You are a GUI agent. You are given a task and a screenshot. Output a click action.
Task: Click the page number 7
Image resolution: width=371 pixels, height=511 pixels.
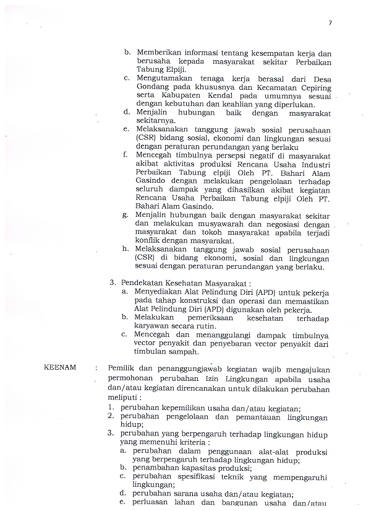tap(330, 23)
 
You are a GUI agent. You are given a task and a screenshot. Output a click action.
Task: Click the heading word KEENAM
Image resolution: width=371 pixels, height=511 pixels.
tap(61, 367)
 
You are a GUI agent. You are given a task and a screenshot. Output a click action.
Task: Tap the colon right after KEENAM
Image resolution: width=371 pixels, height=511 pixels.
tap(96, 367)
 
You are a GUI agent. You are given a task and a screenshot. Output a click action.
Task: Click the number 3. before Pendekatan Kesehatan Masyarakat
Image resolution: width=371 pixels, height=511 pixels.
tap(113, 282)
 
